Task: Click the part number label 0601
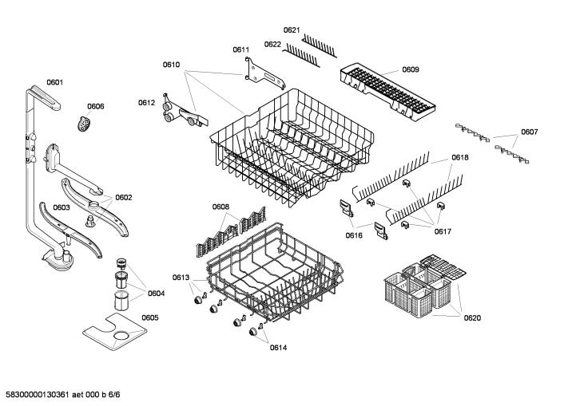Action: tap(55, 81)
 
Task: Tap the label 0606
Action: tap(96, 106)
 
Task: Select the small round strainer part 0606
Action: tap(82, 124)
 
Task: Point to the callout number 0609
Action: tap(410, 69)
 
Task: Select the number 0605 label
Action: tap(149, 317)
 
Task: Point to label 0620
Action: tap(473, 317)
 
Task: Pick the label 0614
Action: tap(277, 347)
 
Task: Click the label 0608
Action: tap(220, 207)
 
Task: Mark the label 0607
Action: tap(530, 132)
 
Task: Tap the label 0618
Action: tap(459, 158)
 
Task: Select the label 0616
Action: tap(354, 235)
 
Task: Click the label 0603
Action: tap(62, 207)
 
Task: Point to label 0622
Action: tap(272, 44)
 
